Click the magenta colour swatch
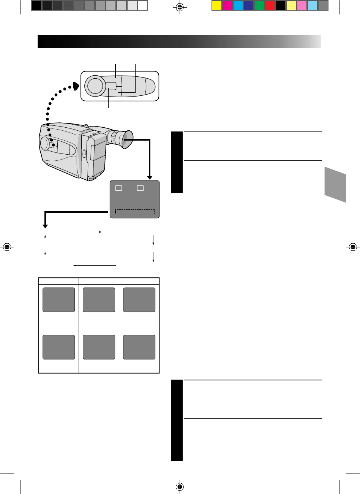click(x=227, y=5)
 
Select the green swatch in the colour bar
click(x=259, y=5)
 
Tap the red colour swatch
click(x=270, y=5)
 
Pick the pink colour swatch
click(x=302, y=5)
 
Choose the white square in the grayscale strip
click(x=143, y=5)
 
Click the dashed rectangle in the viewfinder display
click(x=135, y=212)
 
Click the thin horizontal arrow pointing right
click(x=85, y=231)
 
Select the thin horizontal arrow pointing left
click(x=94, y=265)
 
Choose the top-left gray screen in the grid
click(x=58, y=300)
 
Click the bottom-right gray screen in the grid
click(x=139, y=347)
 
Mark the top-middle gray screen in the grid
click(x=99, y=300)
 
